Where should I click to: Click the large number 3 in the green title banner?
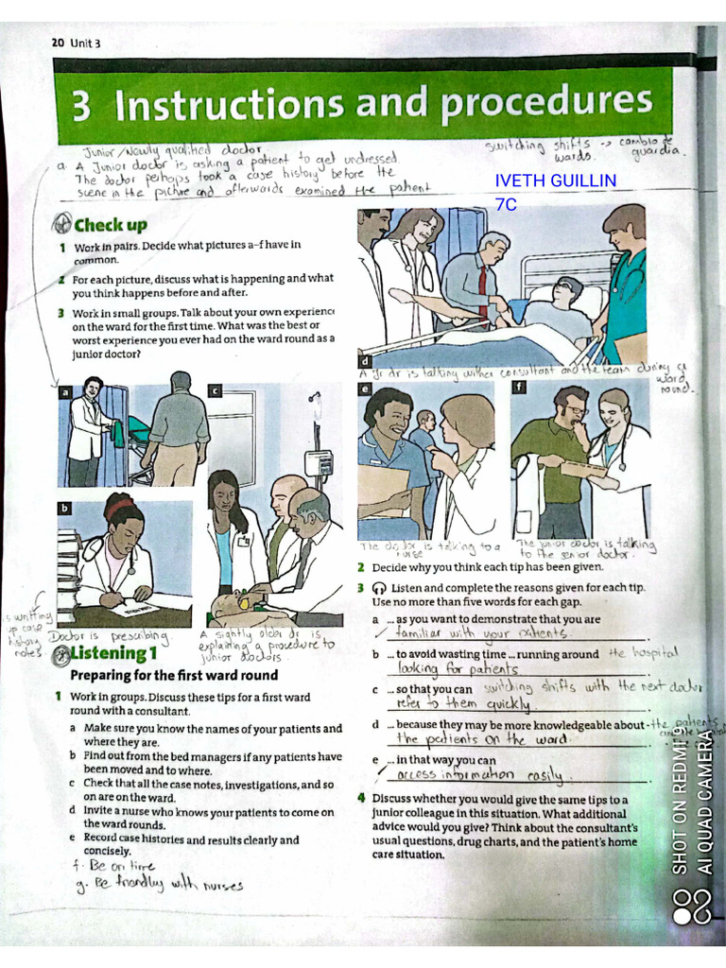coord(82,107)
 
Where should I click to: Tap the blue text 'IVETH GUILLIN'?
coord(555,181)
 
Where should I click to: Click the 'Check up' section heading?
coord(110,225)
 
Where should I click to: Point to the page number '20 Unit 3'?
coord(76,43)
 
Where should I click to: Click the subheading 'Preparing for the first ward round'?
coord(174,675)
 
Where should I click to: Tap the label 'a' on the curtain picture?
coord(64,392)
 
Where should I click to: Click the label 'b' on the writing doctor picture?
coord(64,508)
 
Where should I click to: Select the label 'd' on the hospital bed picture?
coord(364,360)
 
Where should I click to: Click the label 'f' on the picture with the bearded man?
coord(518,389)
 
